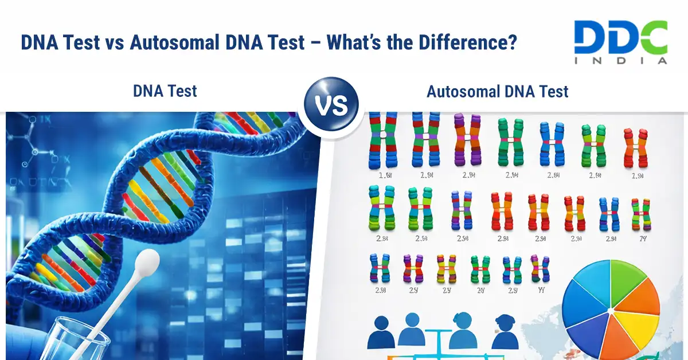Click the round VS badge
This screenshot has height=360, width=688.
(331, 107)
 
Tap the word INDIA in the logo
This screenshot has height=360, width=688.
(621, 60)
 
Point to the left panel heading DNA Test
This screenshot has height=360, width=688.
(165, 91)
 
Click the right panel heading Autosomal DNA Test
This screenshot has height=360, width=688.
(497, 91)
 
